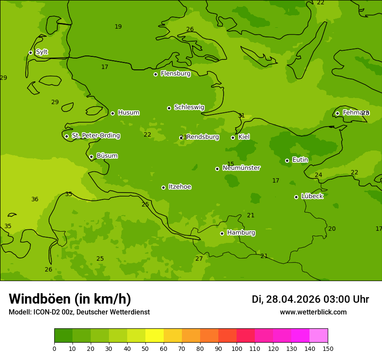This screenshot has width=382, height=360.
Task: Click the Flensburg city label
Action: point(175,74)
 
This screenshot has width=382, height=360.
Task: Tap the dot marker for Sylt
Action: point(30,52)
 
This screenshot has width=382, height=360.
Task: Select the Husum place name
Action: point(128,113)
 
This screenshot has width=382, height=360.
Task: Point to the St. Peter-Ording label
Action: point(95,136)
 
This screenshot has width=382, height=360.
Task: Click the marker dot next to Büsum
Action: point(91,157)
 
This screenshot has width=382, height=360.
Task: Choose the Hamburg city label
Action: point(241,233)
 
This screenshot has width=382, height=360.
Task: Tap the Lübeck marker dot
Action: point(296,197)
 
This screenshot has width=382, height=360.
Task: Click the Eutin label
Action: point(300,160)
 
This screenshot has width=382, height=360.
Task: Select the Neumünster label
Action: point(241,168)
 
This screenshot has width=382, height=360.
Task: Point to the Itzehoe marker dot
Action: point(163,187)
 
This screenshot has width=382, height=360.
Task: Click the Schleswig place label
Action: point(189,108)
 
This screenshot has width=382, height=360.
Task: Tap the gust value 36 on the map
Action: point(35,200)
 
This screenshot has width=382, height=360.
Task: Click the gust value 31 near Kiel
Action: point(241,116)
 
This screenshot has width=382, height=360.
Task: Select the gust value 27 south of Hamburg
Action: point(199,259)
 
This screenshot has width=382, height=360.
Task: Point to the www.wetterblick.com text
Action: point(313,312)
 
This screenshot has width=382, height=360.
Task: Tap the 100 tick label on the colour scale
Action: point(237,348)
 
